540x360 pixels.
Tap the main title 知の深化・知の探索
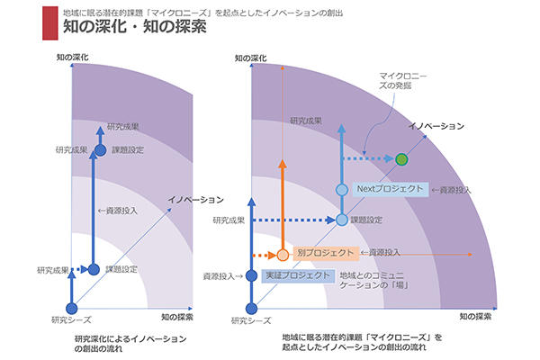(x=135, y=27)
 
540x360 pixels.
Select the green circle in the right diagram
(x=402, y=159)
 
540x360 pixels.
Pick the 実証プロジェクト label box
(x=298, y=275)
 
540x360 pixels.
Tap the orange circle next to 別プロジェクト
(x=283, y=254)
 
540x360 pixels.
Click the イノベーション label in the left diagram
(x=194, y=199)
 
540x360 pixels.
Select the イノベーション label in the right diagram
(x=436, y=125)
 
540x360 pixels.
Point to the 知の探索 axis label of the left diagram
(x=176, y=318)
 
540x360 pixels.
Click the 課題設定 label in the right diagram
(x=366, y=219)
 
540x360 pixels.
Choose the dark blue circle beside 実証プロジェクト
(x=252, y=275)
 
